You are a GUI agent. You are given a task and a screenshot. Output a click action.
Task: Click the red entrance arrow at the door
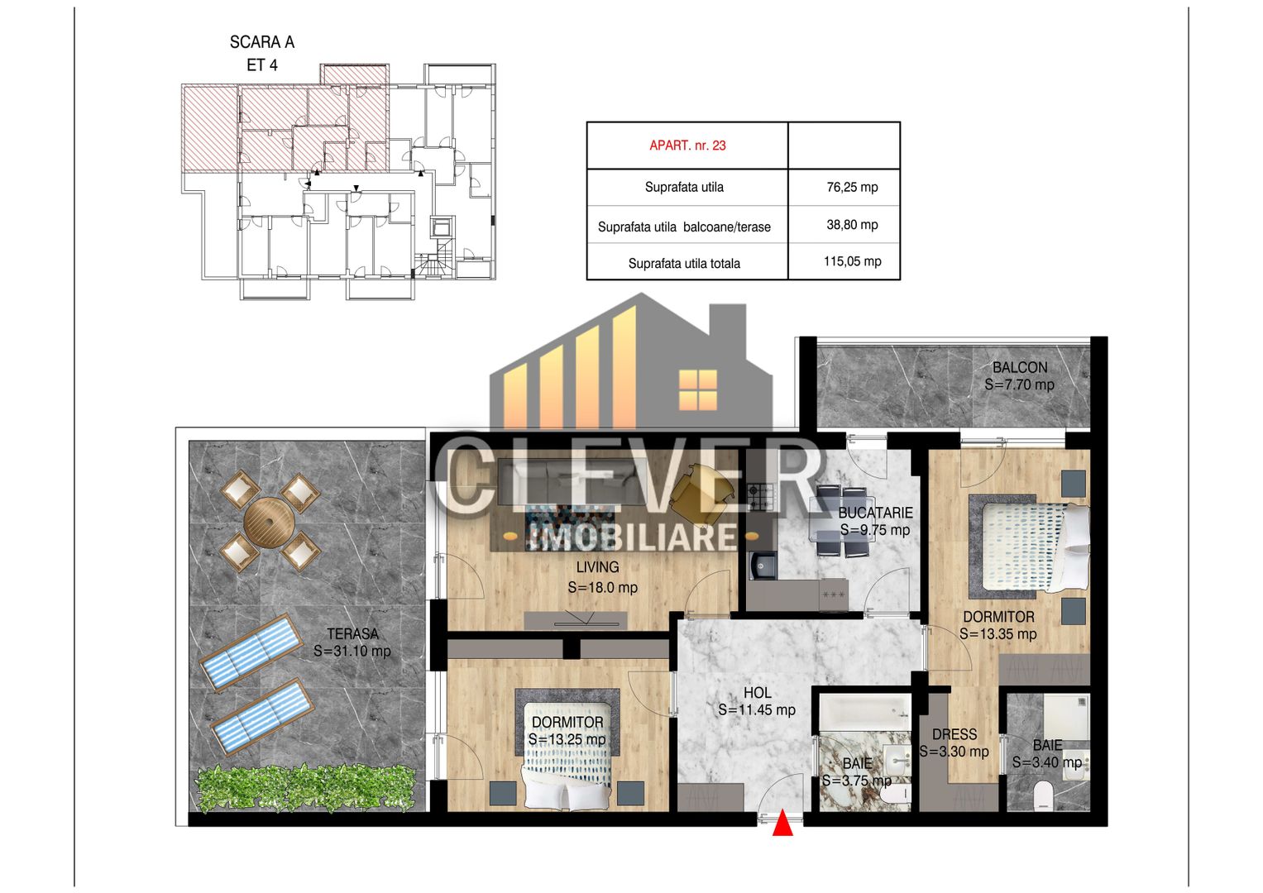[x=782, y=824]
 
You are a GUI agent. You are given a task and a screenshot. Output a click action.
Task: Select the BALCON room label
[x=1019, y=375]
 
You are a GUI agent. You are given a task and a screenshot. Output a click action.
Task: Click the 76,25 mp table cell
[x=852, y=187]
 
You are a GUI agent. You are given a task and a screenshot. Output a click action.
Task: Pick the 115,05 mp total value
[x=852, y=261]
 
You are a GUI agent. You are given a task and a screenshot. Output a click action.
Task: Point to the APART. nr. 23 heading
[x=687, y=146]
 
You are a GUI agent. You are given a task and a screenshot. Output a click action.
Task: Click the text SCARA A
[x=261, y=42]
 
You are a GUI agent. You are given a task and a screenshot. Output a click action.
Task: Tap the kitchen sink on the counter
[x=762, y=566]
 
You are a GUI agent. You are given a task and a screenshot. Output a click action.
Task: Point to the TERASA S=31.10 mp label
[x=352, y=642]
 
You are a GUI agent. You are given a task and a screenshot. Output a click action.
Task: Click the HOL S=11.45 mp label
[x=757, y=701]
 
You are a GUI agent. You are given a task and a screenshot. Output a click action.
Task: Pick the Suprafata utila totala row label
[x=684, y=264]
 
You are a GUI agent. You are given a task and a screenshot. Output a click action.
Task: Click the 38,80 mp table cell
[x=852, y=224]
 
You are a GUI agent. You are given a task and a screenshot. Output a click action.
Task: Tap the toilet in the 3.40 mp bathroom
[x=1043, y=795]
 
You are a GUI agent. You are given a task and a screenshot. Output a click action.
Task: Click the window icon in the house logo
[x=697, y=389]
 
